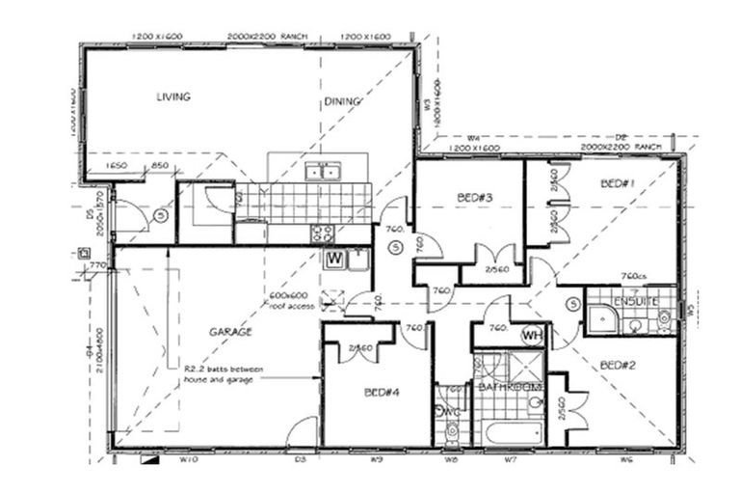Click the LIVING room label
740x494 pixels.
[173, 96]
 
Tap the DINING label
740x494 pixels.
[342, 100]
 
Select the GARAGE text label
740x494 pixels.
[230, 331]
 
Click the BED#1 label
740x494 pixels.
[615, 183]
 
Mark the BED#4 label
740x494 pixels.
[382, 393]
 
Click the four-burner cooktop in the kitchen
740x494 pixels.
[321, 233]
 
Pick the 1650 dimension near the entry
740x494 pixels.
[118, 166]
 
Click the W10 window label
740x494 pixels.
[189, 460]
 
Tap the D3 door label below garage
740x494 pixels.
[300, 460]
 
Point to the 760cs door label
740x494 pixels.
[632, 274]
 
